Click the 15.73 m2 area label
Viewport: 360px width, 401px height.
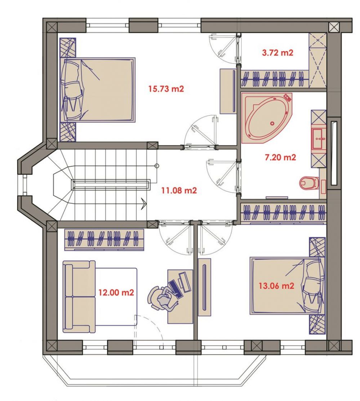click(166, 89)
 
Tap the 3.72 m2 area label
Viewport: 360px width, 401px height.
click(278, 53)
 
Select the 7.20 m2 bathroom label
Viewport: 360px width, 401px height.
click(280, 157)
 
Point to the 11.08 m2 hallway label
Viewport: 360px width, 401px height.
click(179, 190)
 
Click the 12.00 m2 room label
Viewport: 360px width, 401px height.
click(116, 292)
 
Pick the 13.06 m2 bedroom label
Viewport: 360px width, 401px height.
click(276, 286)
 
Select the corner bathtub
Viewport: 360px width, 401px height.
click(267, 118)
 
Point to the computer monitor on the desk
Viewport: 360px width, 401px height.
click(185, 282)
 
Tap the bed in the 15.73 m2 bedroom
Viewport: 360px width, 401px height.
click(97, 90)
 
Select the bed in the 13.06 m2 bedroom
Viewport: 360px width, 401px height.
click(287, 286)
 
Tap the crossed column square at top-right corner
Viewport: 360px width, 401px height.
click(334, 27)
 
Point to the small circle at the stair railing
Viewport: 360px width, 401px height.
click(157, 166)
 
